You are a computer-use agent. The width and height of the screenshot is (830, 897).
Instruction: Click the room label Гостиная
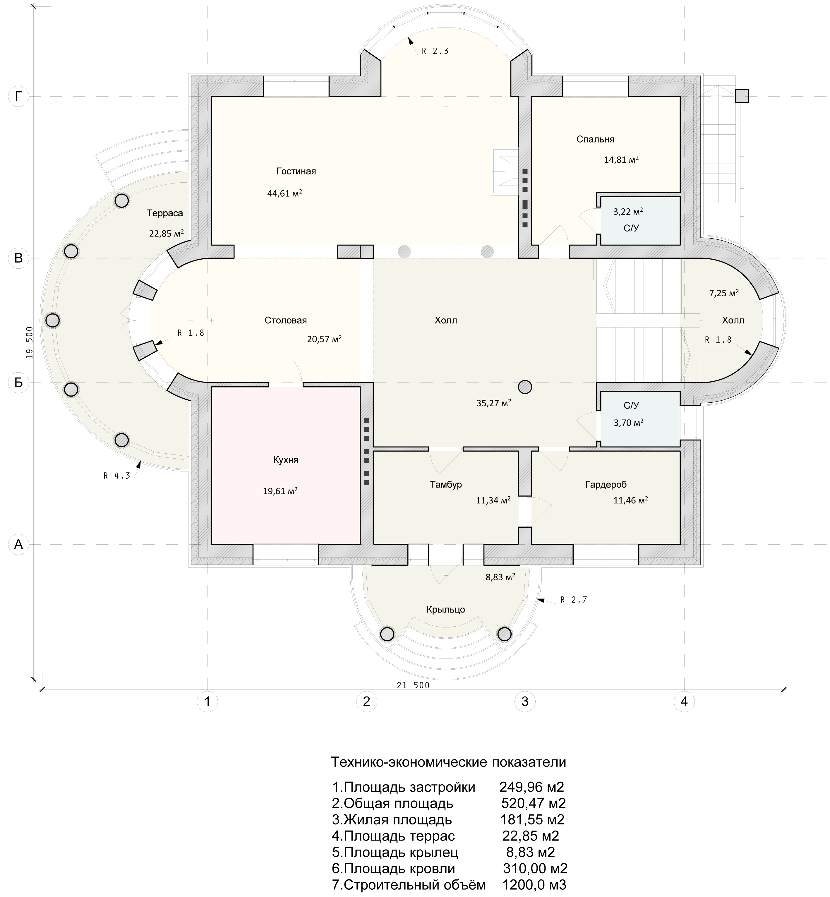click(296, 171)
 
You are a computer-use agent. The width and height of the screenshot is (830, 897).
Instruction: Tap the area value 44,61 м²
click(284, 193)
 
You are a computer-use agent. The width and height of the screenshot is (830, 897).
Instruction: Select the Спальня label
click(595, 139)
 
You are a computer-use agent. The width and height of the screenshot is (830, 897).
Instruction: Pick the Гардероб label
click(606, 485)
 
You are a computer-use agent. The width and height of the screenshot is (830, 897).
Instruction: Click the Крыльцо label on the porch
click(445, 610)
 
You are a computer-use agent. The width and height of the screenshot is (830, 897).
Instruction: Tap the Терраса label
click(165, 213)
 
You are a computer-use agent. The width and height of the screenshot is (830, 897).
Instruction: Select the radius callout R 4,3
click(117, 476)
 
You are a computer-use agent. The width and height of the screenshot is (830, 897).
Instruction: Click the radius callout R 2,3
click(435, 51)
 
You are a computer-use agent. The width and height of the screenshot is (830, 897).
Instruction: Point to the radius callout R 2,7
click(574, 600)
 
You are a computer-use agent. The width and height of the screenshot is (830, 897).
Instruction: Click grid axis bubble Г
click(18, 96)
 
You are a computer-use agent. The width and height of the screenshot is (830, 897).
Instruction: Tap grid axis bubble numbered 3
click(525, 701)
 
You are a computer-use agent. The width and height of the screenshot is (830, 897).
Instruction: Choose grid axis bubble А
click(18, 544)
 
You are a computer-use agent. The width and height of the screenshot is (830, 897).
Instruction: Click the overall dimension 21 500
click(413, 685)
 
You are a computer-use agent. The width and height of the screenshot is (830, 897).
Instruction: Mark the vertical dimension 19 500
click(30, 343)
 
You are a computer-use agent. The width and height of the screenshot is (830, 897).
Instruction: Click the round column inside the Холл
click(525, 386)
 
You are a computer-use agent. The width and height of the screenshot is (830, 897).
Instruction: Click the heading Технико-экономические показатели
click(448, 762)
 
